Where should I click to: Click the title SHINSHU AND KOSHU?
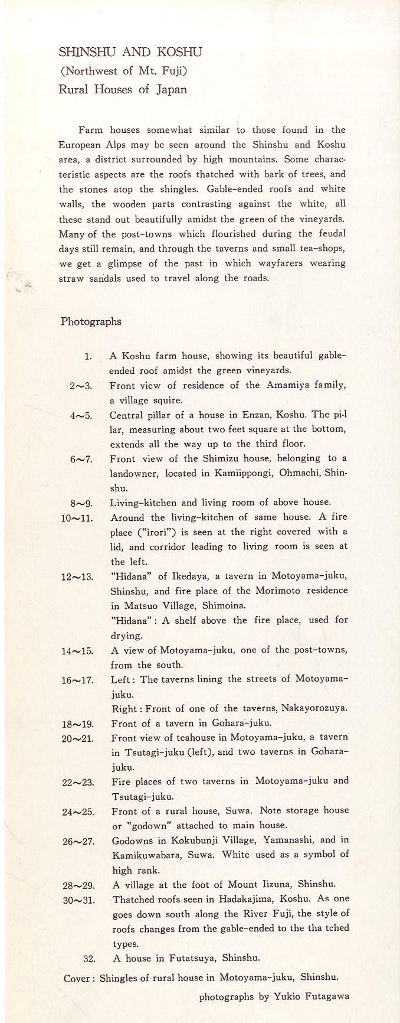130,52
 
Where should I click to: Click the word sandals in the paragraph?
106,278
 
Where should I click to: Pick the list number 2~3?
81,386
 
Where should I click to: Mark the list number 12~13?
77,576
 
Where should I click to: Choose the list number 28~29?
78,885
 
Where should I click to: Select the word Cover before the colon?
77,978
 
